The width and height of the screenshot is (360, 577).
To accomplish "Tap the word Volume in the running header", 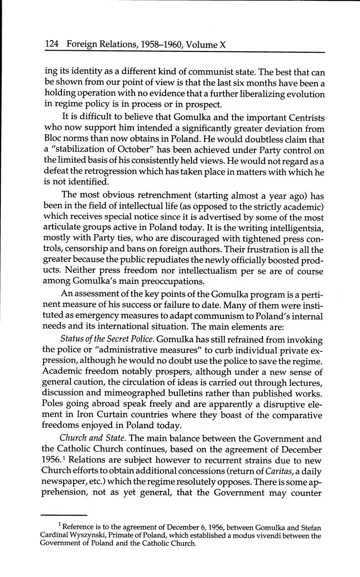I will [x=201, y=44].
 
